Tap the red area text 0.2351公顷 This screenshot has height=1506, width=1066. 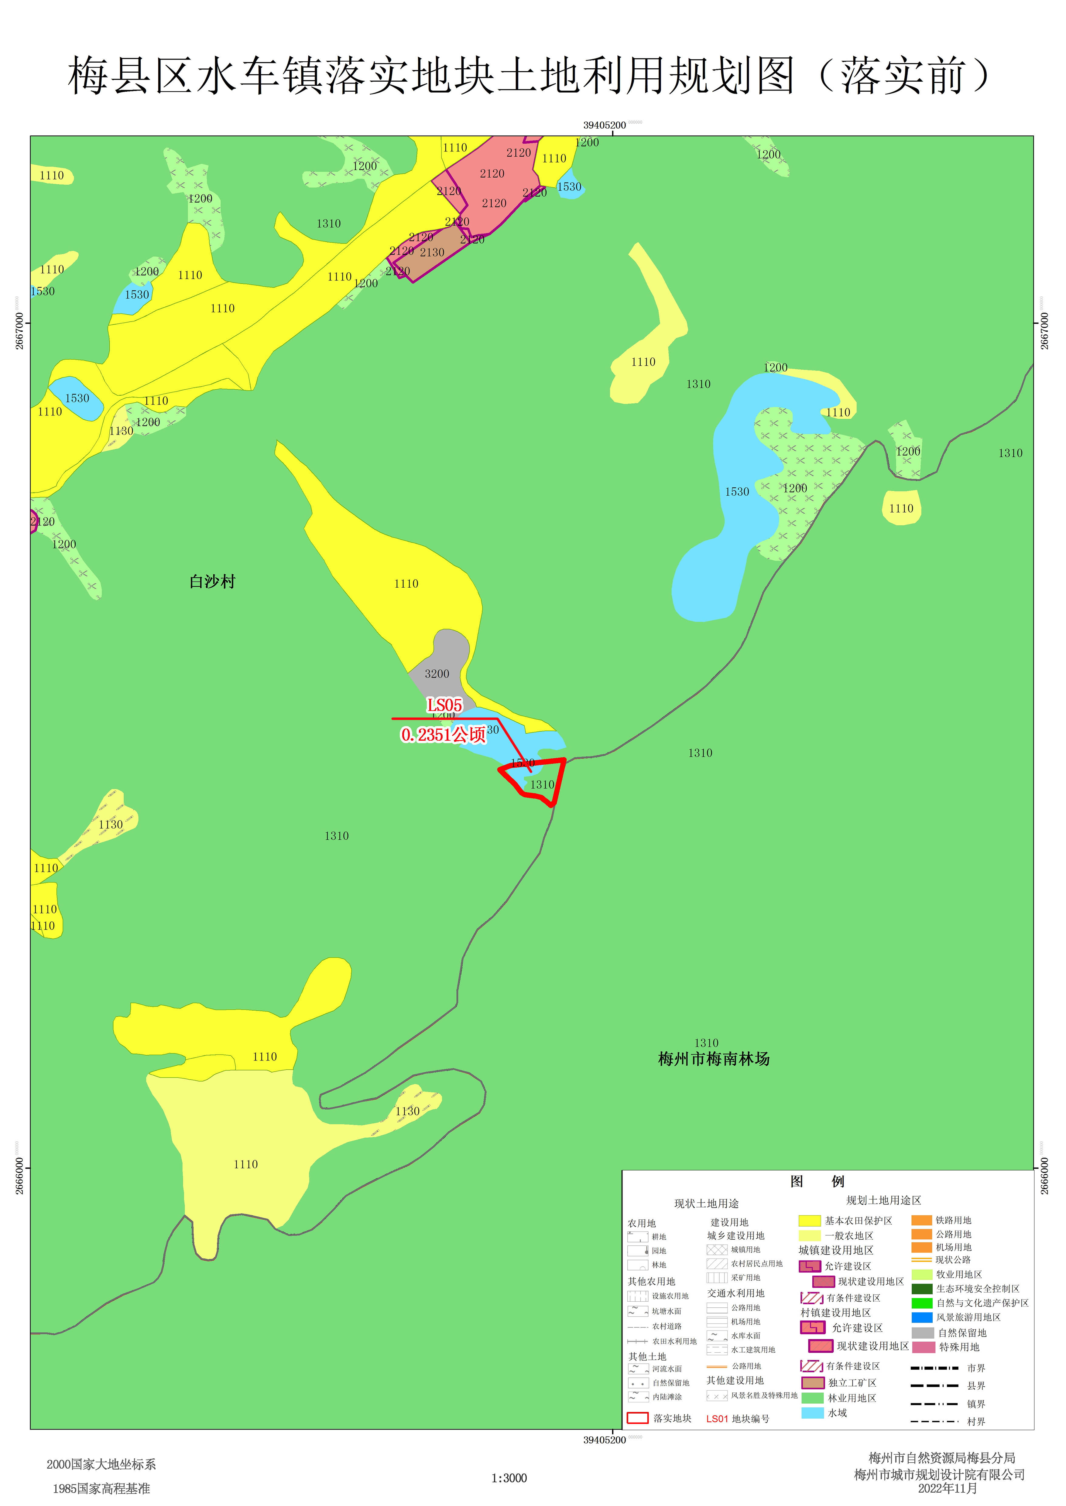click(443, 734)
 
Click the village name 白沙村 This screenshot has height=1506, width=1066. click(212, 581)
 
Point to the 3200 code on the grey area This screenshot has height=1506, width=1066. click(437, 674)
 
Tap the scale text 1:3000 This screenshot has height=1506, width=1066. click(509, 1478)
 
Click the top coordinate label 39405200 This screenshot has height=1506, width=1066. click(605, 125)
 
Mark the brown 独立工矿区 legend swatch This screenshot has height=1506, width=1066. click(813, 1383)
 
